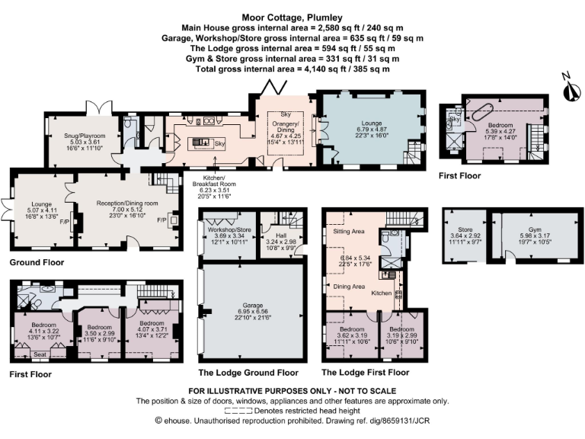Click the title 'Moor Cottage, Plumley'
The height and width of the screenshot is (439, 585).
click(x=292, y=14)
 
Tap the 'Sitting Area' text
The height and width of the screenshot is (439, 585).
click(x=346, y=231)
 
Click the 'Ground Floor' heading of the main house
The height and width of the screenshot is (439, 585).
click(x=37, y=262)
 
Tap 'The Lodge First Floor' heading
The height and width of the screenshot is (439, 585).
click(x=365, y=373)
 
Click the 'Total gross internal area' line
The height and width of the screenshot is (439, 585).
click(x=292, y=69)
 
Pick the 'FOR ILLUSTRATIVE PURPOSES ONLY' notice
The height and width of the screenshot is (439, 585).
click(x=292, y=391)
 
